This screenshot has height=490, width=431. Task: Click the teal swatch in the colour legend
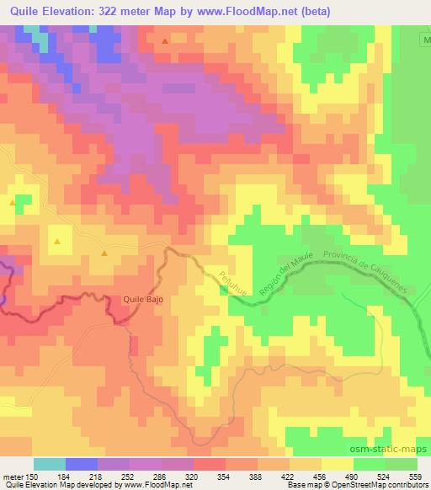coord(50,463)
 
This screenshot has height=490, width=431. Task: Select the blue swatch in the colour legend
coord(82,463)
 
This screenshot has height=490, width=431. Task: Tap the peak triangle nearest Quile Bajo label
coord(104,253)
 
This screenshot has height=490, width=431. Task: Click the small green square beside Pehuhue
coord(222,290)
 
